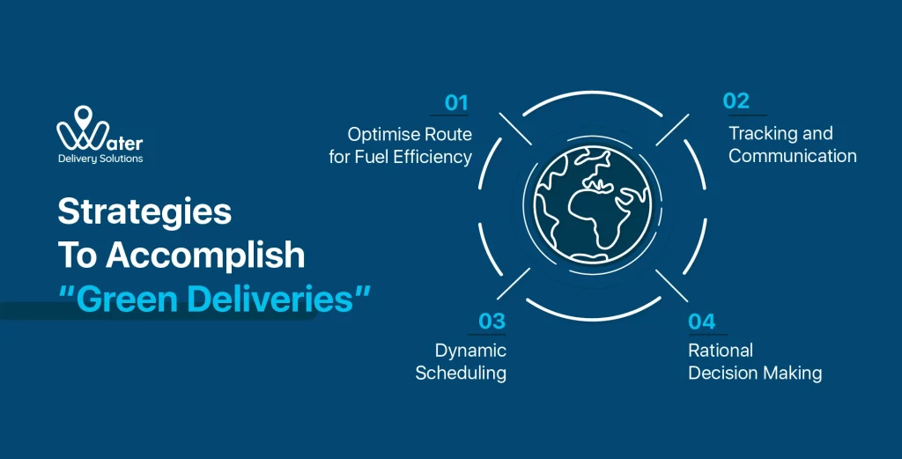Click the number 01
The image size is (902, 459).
tap(456, 102)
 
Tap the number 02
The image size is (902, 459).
tap(736, 100)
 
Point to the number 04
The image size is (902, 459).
tap(702, 322)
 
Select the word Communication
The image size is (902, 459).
tap(793, 157)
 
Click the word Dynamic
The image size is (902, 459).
tap(470, 351)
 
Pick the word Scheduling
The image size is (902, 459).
tap(461, 373)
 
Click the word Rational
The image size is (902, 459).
tap(721, 351)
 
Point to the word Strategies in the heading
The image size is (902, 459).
tap(145, 212)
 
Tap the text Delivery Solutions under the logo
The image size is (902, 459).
tap(100, 159)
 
